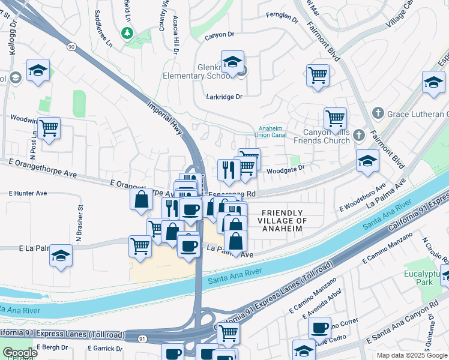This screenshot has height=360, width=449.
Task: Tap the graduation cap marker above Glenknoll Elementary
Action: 232,61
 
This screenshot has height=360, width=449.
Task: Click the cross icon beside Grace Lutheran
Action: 378,112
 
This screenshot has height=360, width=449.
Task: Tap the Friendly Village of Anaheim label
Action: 285,221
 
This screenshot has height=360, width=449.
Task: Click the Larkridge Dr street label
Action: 224,97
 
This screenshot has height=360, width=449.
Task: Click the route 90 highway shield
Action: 71,46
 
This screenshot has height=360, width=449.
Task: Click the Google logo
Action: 20,353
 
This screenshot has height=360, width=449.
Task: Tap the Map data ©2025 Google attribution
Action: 411,355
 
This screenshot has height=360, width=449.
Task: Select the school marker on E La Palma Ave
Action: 61,256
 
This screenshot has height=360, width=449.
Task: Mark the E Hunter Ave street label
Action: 28,193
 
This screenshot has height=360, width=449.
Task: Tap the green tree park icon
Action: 127,33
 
